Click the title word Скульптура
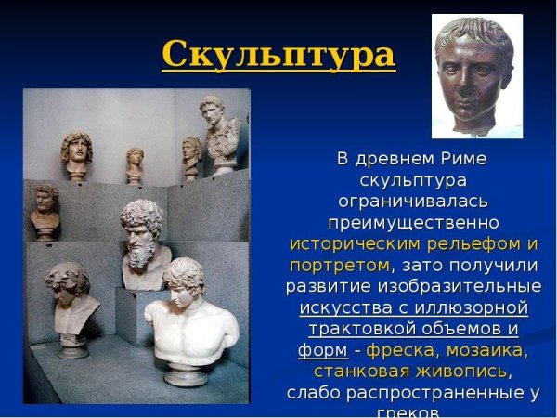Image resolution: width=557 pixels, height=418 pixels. point(278,55)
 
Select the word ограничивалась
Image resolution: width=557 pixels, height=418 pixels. point(413,202)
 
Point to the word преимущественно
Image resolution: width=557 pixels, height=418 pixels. point(413,223)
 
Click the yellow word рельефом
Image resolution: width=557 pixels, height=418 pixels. point(479,244)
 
